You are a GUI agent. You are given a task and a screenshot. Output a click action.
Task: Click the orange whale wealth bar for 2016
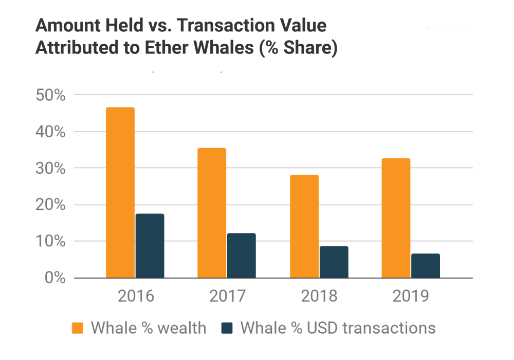point(120,193)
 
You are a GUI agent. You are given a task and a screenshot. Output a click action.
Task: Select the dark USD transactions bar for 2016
point(150,246)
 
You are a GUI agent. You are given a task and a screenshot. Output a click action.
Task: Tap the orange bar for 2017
point(211,213)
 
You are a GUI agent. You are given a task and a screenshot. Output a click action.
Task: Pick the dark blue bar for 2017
point(241,256)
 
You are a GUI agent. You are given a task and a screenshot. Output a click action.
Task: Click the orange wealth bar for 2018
point(304,226)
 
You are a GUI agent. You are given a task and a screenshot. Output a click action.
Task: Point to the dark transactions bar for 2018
point(334,262)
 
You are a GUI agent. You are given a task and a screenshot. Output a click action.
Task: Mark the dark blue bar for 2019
point(425,265)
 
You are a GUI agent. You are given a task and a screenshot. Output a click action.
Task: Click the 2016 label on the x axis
point(135,296)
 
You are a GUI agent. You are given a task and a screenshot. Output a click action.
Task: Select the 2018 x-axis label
point(319,296)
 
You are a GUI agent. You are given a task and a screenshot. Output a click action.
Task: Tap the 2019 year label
point(410,296)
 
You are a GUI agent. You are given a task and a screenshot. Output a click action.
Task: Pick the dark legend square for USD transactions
point(226,328)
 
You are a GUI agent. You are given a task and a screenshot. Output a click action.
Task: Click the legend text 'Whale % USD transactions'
point(338,328)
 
